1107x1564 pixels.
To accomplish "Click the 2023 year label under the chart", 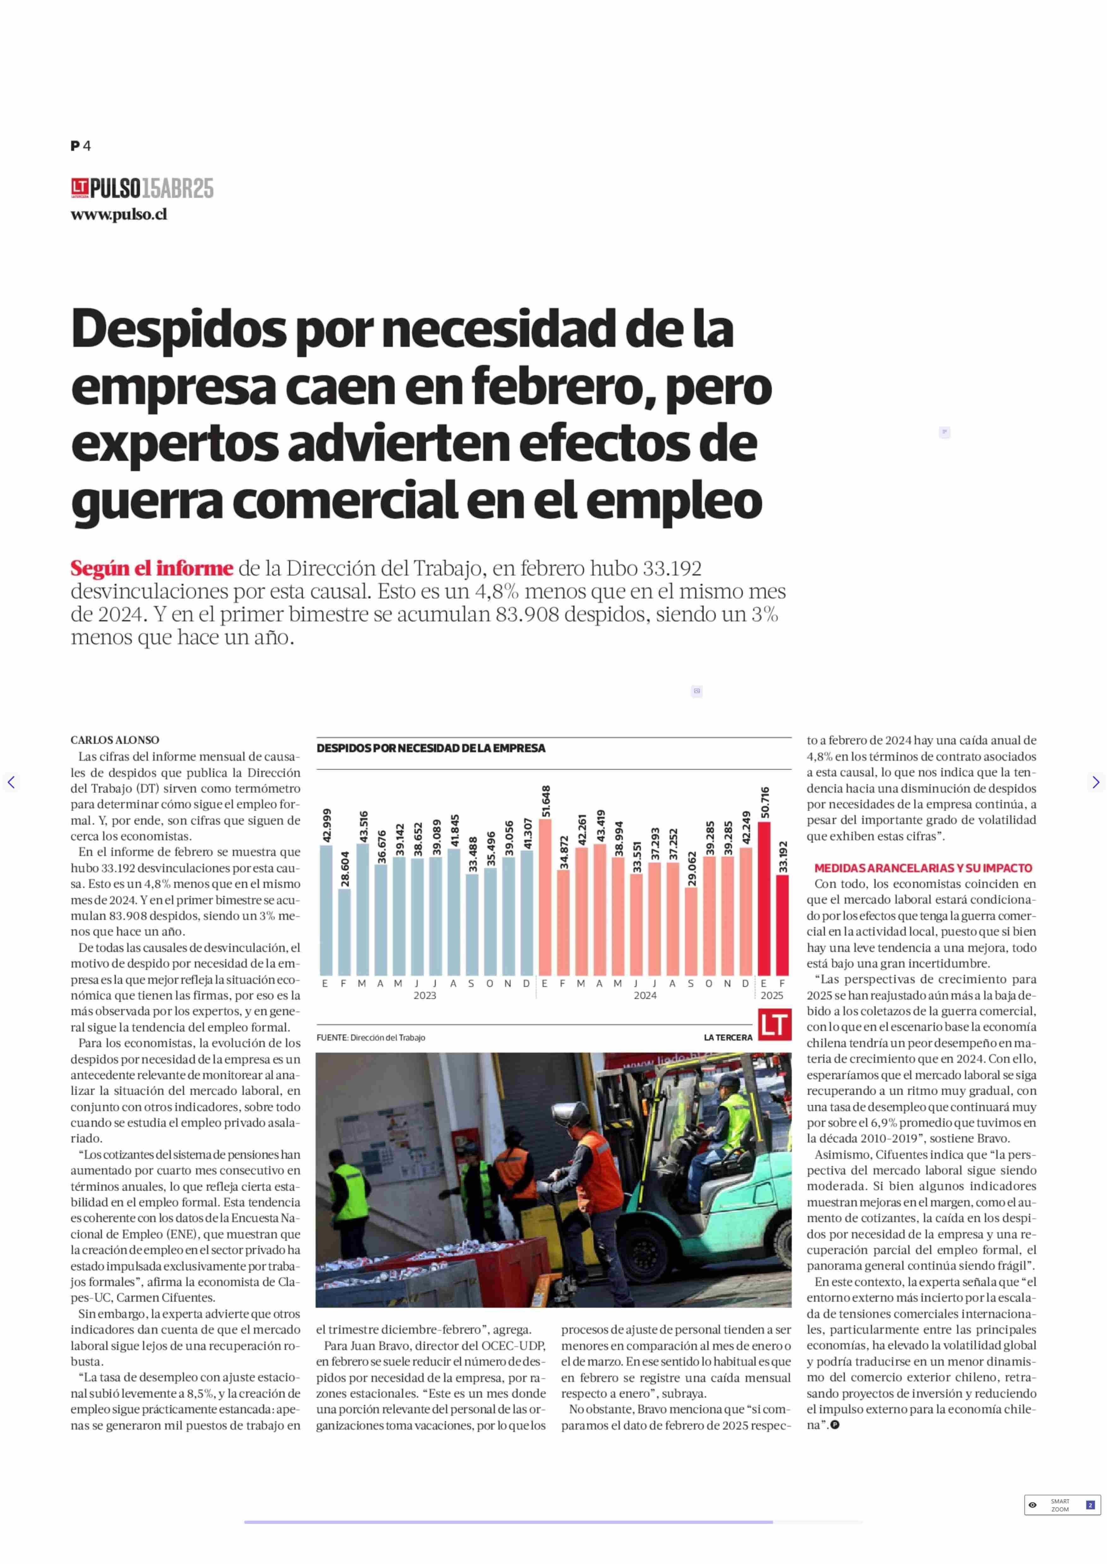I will coord(425,996).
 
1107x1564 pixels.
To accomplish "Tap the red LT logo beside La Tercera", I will coord(774,1024).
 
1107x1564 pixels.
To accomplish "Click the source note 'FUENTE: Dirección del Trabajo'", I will coord(371,1038).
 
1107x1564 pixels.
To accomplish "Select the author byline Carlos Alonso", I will coord(115,740).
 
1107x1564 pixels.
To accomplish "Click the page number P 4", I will coord(80,146).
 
